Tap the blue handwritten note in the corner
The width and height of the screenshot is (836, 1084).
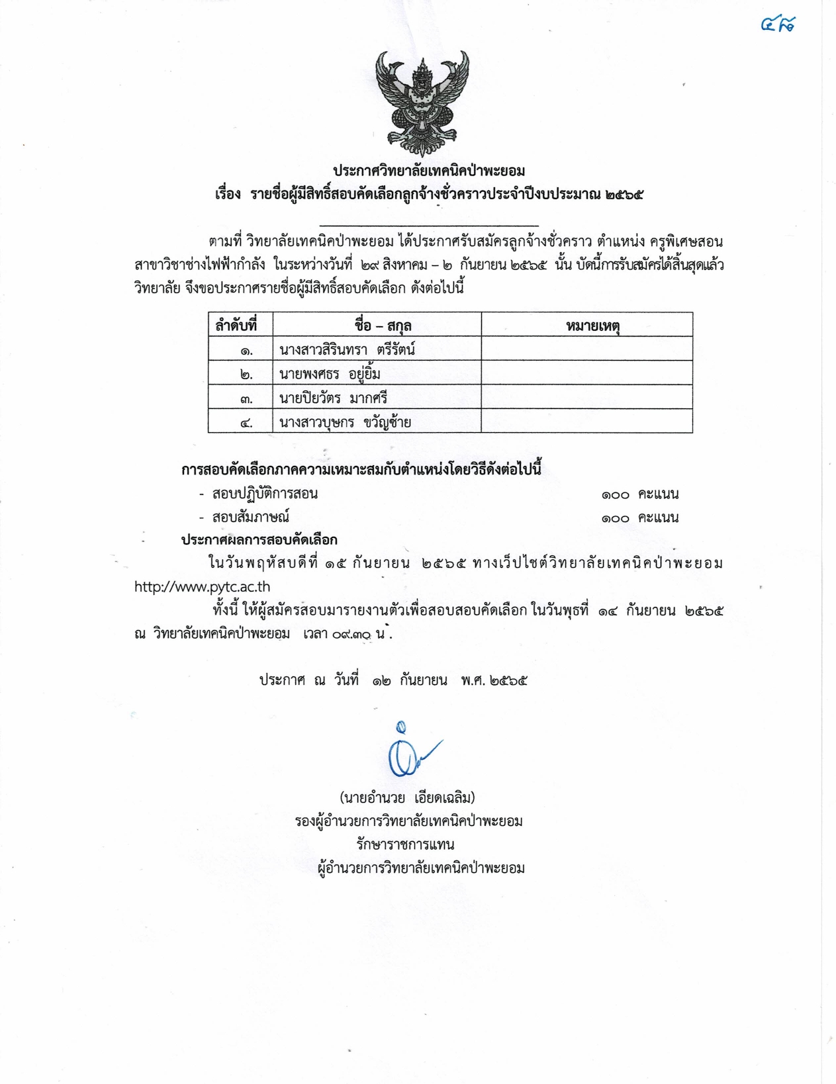pos(778,25)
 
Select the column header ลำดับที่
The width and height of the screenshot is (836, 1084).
pos(236,325)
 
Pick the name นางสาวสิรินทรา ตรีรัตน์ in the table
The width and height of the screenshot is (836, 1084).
pos(347,349)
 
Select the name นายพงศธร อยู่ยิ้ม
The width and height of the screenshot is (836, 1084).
pos(330,374)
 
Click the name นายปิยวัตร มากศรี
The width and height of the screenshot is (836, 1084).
pos(333,398)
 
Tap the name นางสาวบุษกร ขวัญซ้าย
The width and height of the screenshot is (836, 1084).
pos(345,422)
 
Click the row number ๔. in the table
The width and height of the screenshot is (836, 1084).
pos(246,422)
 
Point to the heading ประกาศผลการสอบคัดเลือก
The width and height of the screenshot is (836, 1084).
pos(259,540)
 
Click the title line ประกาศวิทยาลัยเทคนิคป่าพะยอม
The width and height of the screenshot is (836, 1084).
pos(429,171)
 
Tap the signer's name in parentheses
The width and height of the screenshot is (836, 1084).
pos(407,797)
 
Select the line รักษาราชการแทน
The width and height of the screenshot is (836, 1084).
pos(405,844)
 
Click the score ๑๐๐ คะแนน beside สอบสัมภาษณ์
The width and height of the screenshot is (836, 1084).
pos(640,518)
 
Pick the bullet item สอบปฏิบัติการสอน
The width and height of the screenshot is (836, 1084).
pos(265,494)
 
